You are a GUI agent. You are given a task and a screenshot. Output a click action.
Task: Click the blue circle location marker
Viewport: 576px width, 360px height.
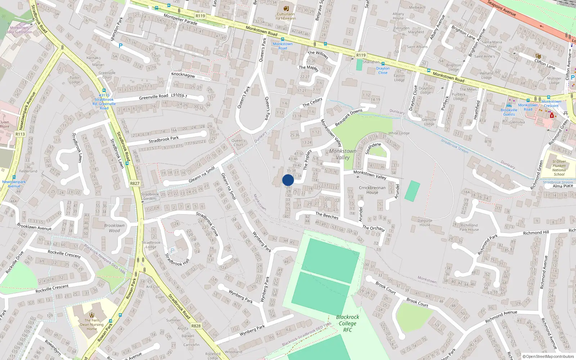click(288, 180)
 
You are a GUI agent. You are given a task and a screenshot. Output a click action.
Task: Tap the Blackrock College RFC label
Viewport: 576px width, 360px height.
click(347, 323)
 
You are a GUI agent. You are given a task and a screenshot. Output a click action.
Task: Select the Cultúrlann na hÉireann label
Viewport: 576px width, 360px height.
click(286, 16)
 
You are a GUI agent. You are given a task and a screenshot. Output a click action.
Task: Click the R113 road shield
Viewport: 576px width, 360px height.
click(20, 134)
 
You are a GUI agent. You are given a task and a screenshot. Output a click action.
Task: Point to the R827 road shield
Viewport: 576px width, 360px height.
click(135, 183)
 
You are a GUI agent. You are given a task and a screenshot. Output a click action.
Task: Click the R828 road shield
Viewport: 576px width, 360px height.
click(196, 326)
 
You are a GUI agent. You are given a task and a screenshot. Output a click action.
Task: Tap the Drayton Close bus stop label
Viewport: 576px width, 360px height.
click(383, 71)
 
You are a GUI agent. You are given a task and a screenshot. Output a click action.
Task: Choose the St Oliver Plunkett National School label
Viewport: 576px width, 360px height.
click(559, 168)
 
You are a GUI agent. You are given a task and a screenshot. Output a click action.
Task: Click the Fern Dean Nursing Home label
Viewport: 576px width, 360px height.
click(92, 324)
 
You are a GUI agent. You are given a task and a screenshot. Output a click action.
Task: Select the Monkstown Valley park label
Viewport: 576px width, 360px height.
click(343, 154)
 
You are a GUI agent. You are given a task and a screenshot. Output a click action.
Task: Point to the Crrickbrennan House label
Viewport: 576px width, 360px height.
click(372, 190)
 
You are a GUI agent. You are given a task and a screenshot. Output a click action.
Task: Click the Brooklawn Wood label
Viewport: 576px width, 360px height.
click(114, 228)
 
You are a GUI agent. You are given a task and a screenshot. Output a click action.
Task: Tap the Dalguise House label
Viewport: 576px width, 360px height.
click(425, 222)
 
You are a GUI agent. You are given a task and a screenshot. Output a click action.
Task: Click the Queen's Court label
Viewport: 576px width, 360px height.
click(238, 143)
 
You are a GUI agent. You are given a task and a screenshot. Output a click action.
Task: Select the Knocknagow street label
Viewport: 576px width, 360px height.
click(183, 75)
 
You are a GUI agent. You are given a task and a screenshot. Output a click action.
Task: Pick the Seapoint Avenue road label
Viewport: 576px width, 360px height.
click(501, 8)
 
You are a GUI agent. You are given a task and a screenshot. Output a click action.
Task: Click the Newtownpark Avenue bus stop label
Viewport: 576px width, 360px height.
click(14, 184)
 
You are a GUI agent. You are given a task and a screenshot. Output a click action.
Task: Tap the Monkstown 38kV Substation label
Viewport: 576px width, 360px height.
click(19, 30)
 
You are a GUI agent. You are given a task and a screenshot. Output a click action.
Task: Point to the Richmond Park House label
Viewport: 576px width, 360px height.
click(469, 228)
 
